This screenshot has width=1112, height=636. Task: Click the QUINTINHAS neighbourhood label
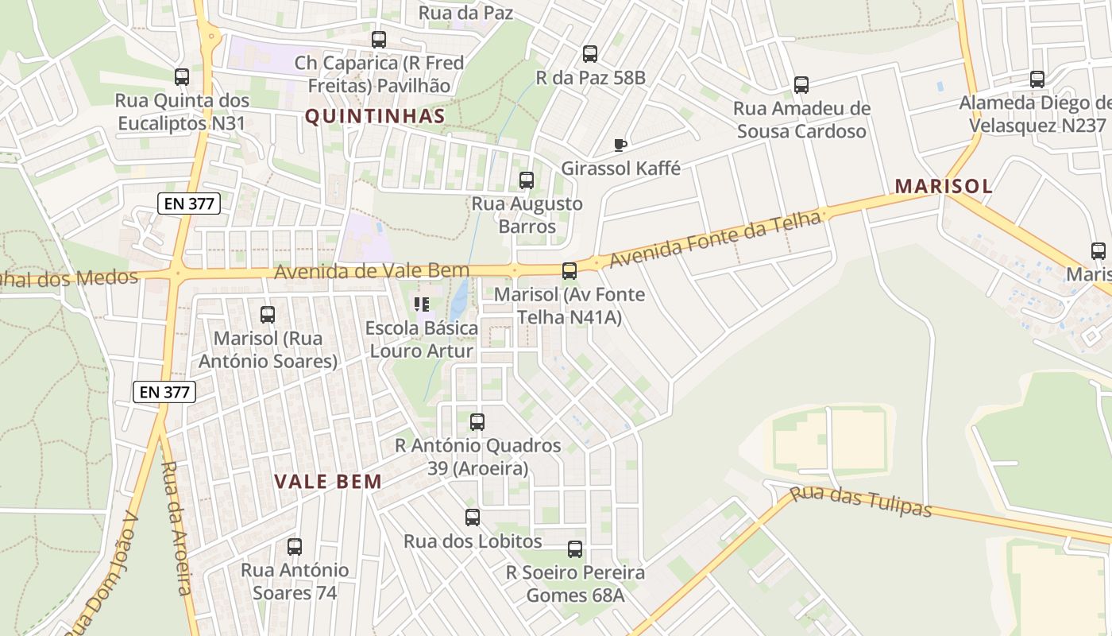tap(375, 116)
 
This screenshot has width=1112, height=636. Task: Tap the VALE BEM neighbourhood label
tap(328, 481)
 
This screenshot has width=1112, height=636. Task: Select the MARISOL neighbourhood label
tap(944, 186)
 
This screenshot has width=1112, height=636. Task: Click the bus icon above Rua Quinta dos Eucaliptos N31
tap(182, 77)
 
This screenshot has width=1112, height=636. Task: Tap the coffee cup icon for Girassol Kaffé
tap(620, 145)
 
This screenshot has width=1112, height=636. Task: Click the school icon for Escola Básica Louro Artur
tap(422, 304)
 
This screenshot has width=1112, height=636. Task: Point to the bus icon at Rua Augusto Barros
tap(526, 180)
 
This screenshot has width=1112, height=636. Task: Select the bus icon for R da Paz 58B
tap(589, 54)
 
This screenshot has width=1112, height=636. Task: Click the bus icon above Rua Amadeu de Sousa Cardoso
tap(801, 85)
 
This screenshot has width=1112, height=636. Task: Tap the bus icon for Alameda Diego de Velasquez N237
tap(1037, 79)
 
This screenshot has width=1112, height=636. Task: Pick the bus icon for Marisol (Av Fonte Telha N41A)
tap(569, 271)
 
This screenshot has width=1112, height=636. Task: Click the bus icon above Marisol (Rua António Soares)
tap(268, 315)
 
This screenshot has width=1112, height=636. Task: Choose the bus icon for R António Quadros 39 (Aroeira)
tap(477, 422)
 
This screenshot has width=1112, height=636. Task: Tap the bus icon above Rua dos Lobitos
tap(473, 518)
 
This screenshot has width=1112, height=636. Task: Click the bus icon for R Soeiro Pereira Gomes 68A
tap(575, 549)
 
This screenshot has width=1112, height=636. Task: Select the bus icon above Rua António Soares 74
tap(295, 547)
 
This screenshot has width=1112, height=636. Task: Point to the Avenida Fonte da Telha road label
tap(715, 239)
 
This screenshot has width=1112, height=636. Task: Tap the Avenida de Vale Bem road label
tap(372, 272)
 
